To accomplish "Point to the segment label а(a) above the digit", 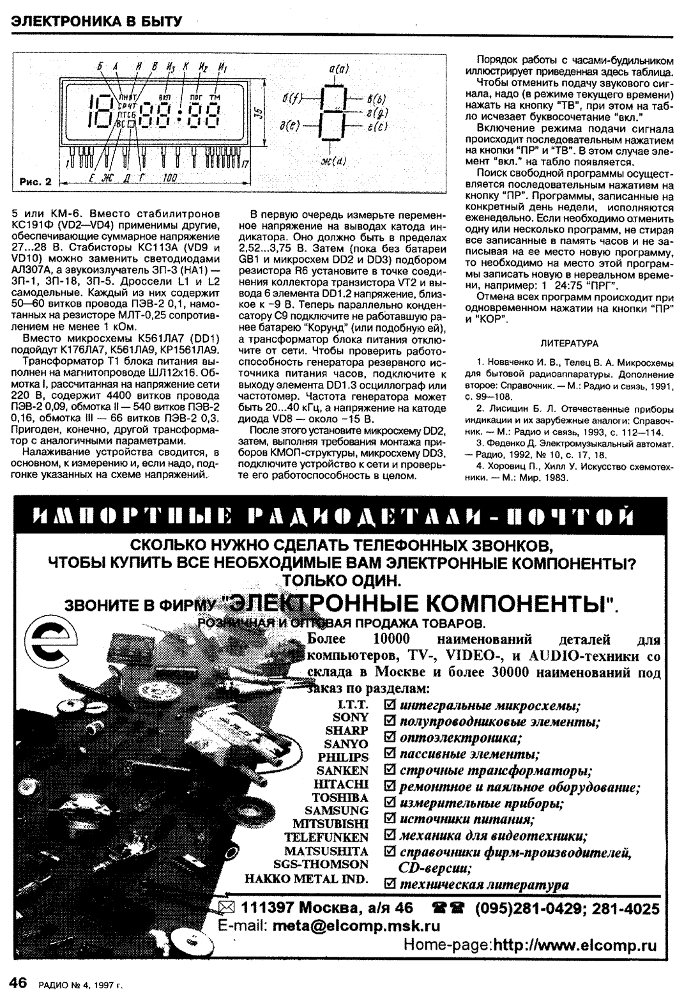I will click(337, 66).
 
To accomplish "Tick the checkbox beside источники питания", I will click(388, 819).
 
